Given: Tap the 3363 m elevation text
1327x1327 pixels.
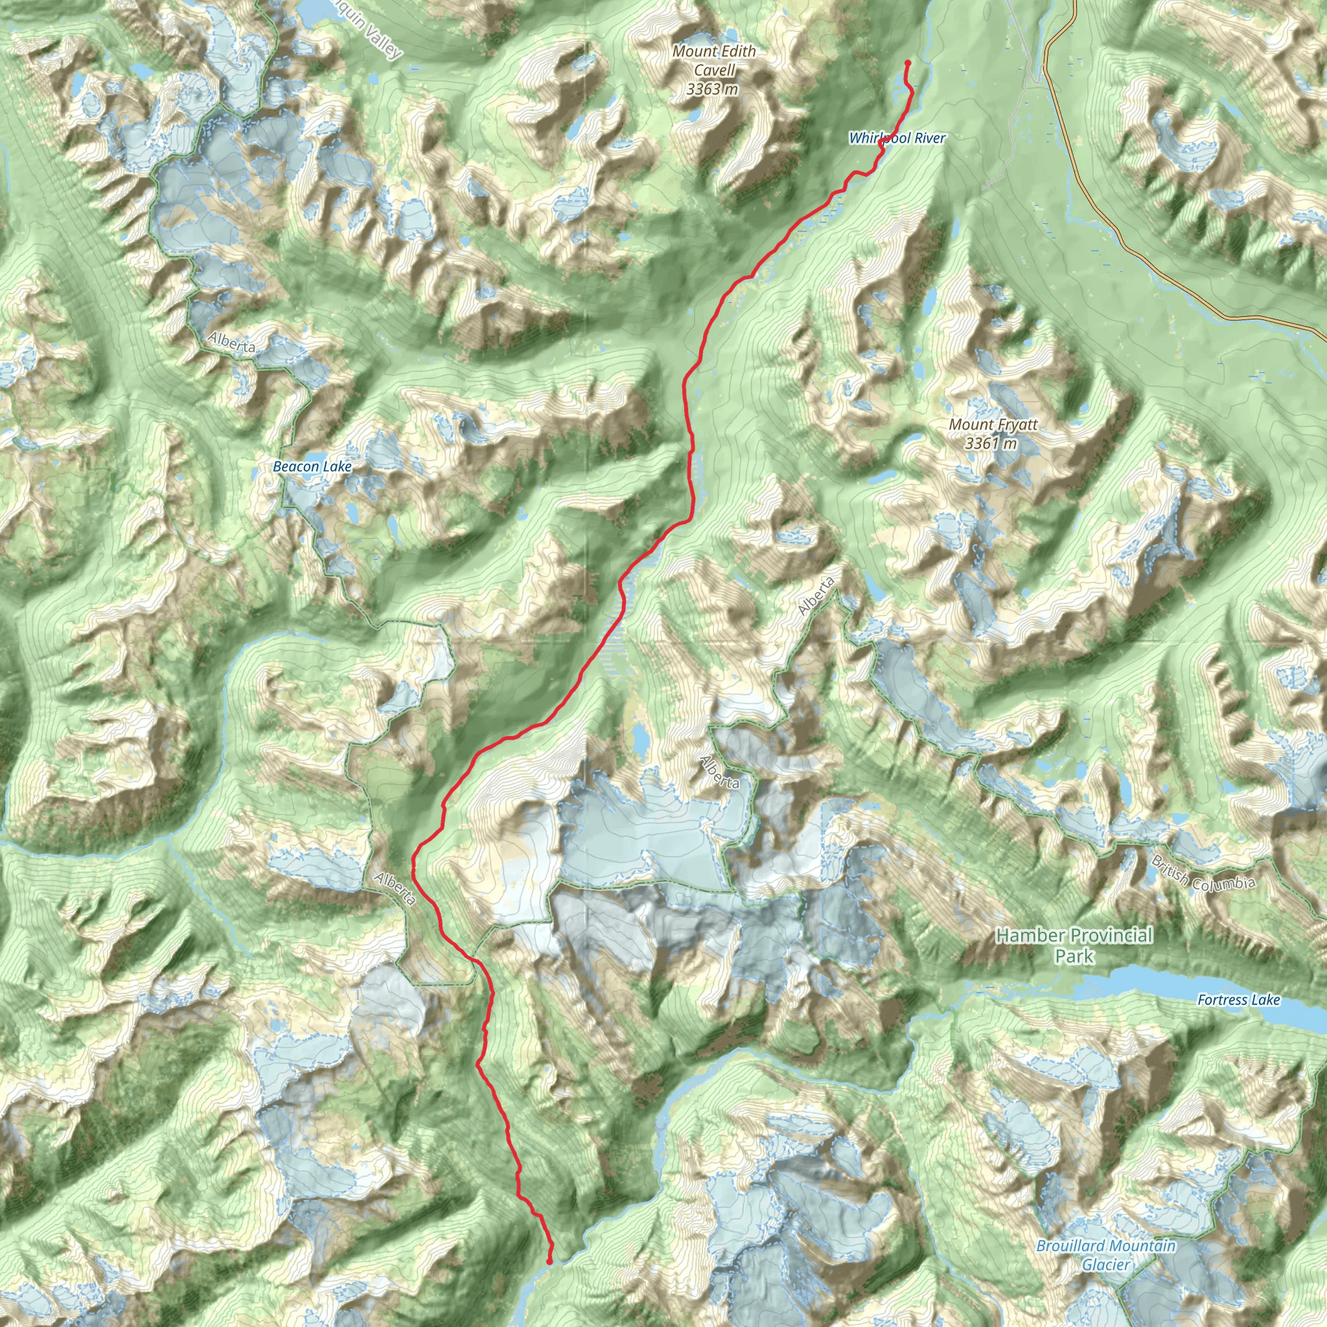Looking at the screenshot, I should [712, 89].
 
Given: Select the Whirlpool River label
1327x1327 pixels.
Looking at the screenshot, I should [897, 138].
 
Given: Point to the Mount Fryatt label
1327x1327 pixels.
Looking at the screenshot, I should [993, 424].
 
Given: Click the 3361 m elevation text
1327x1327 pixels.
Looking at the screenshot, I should [991, 443].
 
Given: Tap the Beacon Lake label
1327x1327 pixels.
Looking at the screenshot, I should [312, 467].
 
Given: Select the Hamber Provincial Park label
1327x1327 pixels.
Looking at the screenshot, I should [1074, 945].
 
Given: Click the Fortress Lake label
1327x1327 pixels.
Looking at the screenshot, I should [1238, 1000].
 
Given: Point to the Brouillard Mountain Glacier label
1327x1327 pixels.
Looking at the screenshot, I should [1106, 1255].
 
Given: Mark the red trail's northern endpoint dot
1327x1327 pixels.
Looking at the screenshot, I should [907, 63].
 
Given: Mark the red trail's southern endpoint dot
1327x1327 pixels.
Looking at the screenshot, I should [549, 1261].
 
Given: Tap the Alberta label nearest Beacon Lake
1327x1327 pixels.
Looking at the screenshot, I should [231, 341].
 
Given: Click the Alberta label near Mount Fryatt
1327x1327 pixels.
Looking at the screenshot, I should [816, 595].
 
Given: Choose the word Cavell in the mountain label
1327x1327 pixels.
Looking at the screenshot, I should [714, 70].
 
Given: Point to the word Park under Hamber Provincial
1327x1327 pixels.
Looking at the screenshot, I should [1074, 956].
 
